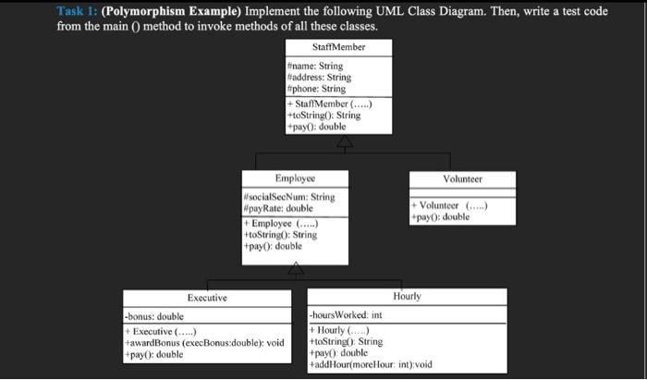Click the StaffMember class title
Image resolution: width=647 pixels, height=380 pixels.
[x=339, y=46]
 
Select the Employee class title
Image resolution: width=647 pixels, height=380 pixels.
[x=295, y=178]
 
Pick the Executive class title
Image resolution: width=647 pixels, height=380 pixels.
[x=207, y=298]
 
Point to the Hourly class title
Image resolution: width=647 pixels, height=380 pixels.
[x=407, y=297]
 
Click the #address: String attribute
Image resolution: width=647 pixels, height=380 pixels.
[x=320, y=78]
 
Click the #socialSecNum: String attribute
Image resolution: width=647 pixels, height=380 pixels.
[x=289, y=197]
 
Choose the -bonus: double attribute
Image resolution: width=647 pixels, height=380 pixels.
[x=153, y=317]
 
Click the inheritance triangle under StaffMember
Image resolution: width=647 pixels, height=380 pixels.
[x=344, y=141]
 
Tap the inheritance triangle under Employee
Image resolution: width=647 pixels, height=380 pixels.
[x=295, y=269]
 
